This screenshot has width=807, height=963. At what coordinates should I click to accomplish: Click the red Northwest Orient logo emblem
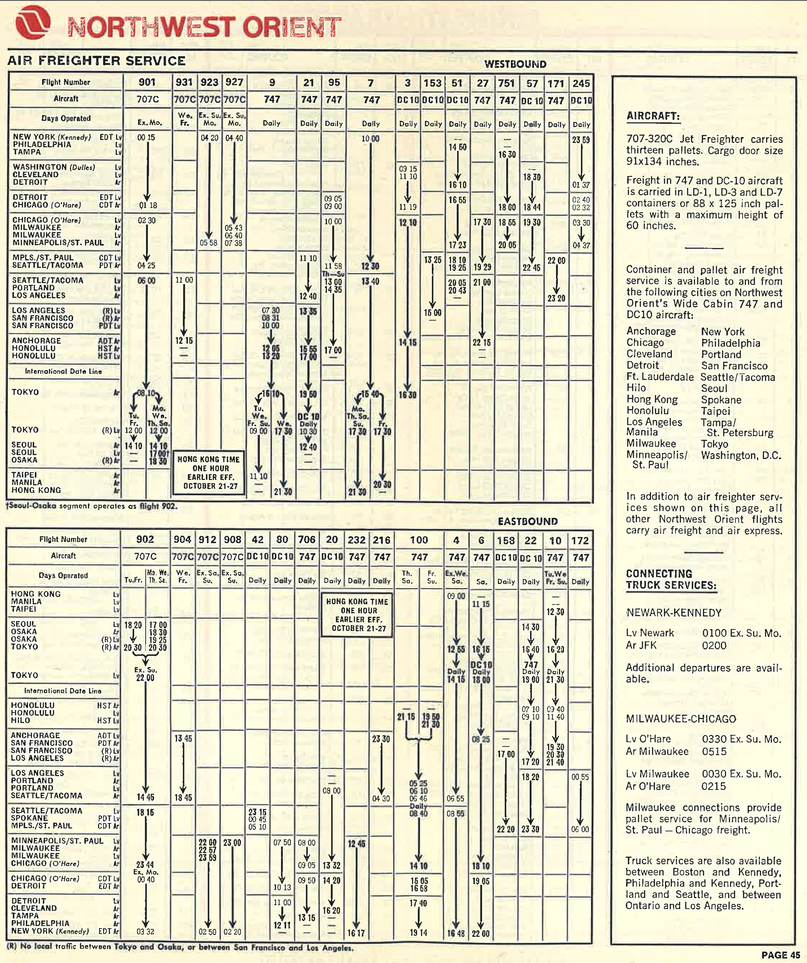[33, 22]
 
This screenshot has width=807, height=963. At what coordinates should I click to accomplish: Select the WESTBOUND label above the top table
[515, 64]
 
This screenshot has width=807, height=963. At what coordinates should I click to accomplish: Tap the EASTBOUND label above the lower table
[528, 521]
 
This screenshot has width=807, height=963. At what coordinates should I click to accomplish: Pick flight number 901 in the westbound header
[147, 82]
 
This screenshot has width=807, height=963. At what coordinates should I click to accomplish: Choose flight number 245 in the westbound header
[581, 83]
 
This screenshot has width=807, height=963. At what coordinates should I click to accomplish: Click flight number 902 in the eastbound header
[145, 539]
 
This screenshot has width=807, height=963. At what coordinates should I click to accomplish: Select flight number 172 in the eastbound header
[580, 541]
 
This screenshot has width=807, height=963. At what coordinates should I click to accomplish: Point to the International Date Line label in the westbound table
[63, 371]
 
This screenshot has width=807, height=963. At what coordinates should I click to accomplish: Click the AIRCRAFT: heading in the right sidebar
[653, 116]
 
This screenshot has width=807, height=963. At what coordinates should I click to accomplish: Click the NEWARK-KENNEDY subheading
[674, 613]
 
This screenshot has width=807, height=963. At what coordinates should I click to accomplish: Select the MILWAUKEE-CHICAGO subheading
[681, 719]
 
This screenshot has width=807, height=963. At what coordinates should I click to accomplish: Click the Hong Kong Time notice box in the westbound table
[209, 473]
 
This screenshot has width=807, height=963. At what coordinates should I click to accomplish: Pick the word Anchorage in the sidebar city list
[651, 331]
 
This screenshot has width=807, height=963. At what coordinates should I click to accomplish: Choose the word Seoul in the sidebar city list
[714, 388]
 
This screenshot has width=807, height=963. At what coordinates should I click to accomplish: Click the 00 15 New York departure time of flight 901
[146, 138]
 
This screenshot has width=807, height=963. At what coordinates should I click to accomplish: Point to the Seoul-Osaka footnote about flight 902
[92, 506]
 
